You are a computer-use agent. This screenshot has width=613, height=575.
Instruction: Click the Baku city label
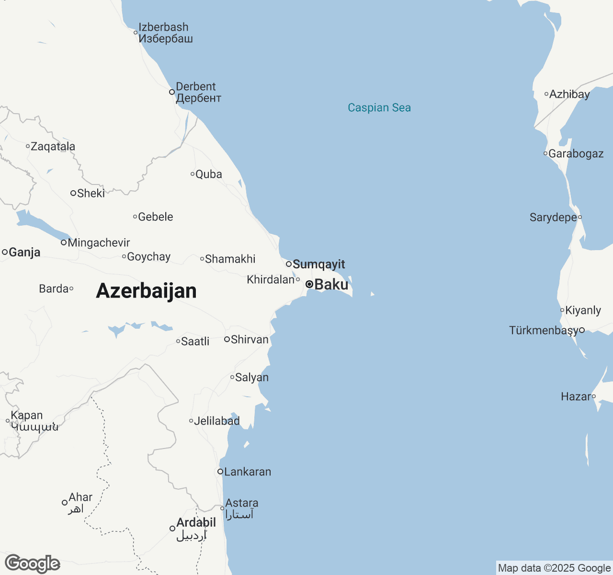coord(331,285)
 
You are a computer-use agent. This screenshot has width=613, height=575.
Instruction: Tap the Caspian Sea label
coord(379,108)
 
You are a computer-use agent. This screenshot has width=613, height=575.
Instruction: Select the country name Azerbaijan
coord(146,291)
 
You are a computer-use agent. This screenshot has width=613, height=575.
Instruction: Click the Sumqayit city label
coord(318,264)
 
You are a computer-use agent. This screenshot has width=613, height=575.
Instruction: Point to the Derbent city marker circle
coord(172,92)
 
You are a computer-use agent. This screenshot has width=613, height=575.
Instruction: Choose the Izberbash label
coord(163,28)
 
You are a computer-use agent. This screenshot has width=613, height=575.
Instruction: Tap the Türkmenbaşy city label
coord(544,331)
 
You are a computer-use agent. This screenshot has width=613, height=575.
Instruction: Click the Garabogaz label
coord(576,154)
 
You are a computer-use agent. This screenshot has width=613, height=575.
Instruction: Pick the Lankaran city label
coord(248,472)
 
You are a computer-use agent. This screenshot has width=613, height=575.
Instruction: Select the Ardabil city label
coord(196,523)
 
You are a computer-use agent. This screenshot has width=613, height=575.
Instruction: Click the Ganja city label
coord(24,252)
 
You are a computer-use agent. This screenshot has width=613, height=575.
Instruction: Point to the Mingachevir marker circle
coord(64,242)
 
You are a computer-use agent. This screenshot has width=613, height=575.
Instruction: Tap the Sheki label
coord(91,193)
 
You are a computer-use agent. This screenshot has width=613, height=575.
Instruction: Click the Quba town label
coord(208,174)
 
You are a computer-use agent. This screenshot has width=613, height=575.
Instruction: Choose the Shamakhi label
coord(230,259)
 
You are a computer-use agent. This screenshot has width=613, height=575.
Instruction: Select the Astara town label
coord(241,503)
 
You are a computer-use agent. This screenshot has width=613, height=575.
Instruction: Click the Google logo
coord(33,564)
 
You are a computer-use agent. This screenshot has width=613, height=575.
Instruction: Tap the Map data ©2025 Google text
coord(554,568)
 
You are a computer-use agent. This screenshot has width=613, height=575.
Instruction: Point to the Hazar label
coord(576,397)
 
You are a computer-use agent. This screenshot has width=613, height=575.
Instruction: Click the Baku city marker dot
coord(309,284)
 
